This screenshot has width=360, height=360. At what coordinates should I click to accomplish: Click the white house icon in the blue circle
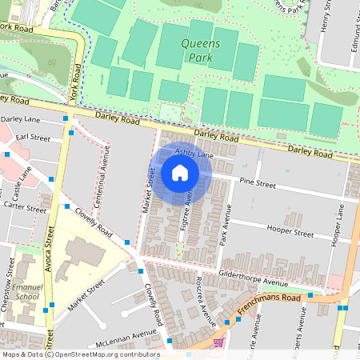click(x=180, y=172)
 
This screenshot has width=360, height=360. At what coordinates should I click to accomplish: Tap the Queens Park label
click(x=197, y=52)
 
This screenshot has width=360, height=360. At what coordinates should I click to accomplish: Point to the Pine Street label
click(x=256, y=184)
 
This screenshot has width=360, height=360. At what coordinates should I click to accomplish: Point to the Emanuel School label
click(x=26, y=290)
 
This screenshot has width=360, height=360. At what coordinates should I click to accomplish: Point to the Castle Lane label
click(x=22, y=183)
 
